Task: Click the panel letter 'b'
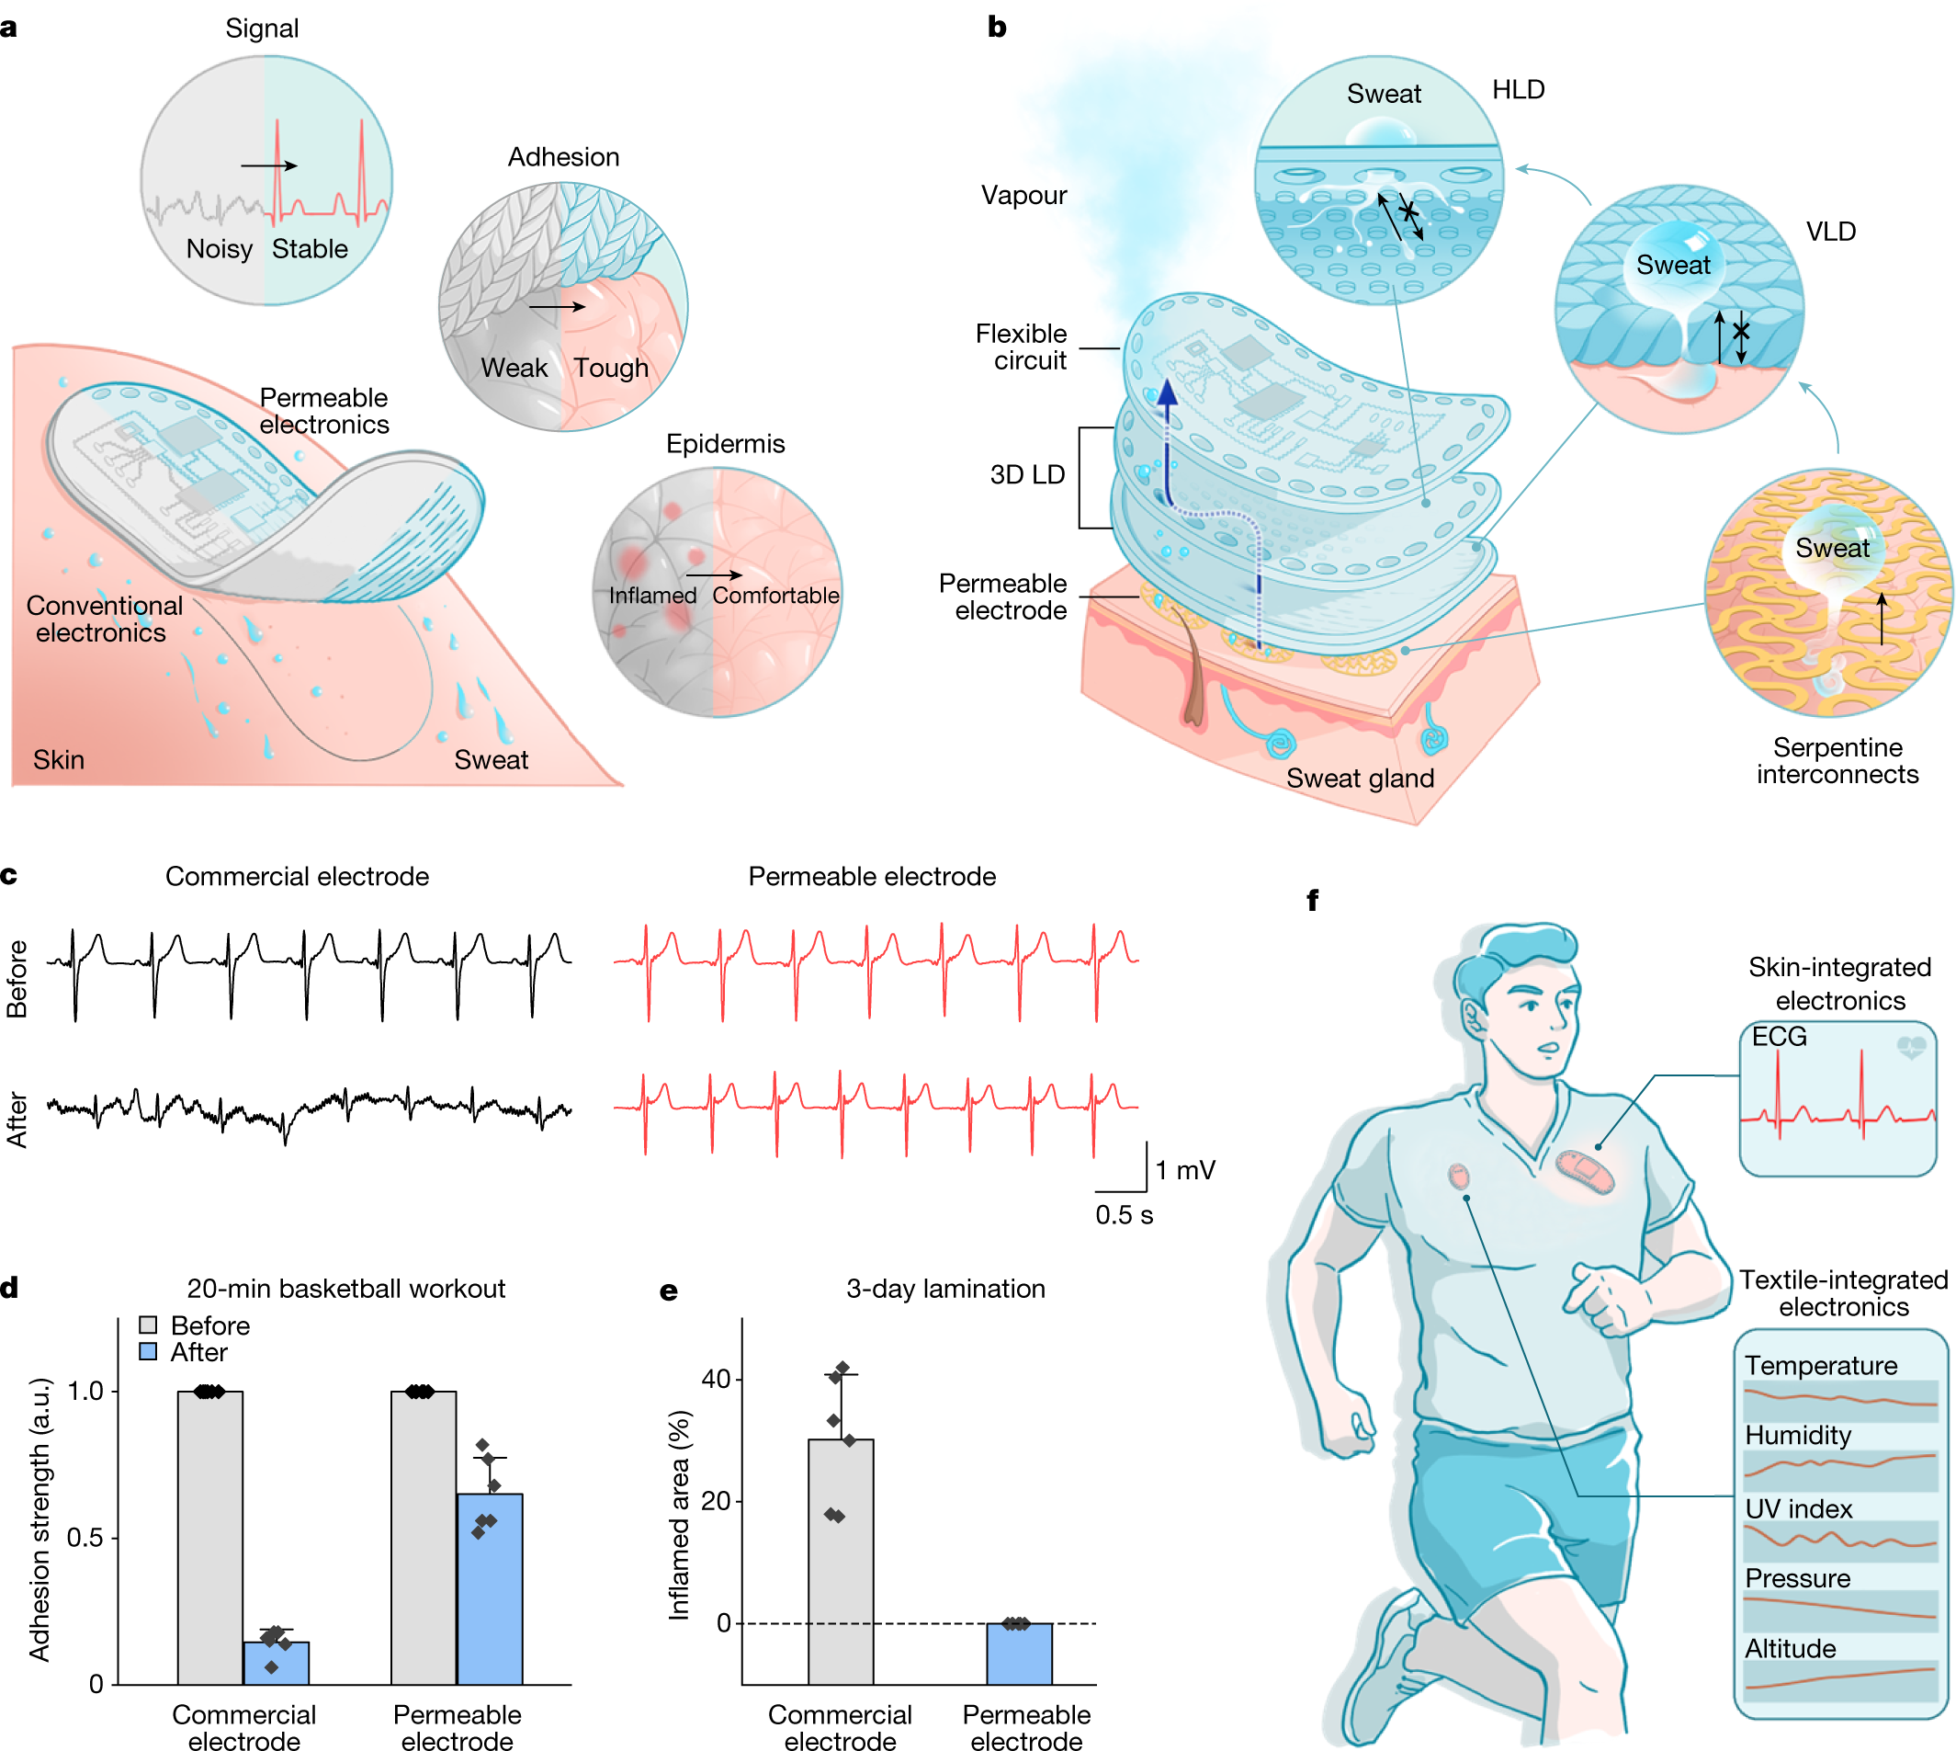pos(996,27)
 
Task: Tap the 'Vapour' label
pos(1023,195)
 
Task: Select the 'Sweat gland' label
pos(1359,779)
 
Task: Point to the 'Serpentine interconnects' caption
pos(1836,761)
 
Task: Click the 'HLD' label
pos(1518,89)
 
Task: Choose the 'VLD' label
pos(1830,232)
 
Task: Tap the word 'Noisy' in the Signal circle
pos(220,249)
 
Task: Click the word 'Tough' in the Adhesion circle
pos(611,369)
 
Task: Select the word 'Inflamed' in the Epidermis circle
pos(652,597)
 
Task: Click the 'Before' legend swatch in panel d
pos(148,1325)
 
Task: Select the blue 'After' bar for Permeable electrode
pos(490,1588)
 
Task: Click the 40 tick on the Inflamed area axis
pos(716,1379)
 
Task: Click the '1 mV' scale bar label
pos(1185,1170)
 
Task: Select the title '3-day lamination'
pos(944,1289)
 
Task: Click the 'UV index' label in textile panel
pos(1797,1508)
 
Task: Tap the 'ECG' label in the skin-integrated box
pos(1778,1037)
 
